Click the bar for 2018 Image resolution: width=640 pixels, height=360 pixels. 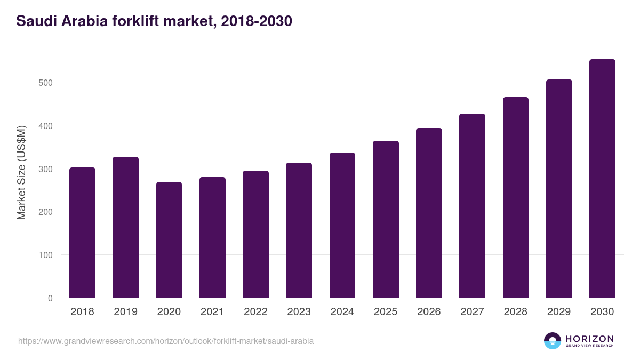coord(82,233)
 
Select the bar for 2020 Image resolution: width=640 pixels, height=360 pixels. coord(169,240)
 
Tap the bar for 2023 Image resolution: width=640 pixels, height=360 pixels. coord(299,230)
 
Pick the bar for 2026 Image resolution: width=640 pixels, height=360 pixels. coord(429,213)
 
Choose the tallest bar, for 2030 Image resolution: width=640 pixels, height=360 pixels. coord(602,179)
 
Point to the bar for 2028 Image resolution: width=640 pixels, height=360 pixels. coord(516,197)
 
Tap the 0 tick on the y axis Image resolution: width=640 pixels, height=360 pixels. coord(51,298)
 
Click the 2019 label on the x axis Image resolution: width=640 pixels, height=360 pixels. coord(125,312)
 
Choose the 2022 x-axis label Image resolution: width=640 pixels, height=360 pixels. coord(255,312)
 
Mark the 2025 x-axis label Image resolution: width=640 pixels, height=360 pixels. coord(386,312)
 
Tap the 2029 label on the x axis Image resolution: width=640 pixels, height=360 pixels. coord(559,312)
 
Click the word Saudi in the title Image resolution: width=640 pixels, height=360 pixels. coord(34,21)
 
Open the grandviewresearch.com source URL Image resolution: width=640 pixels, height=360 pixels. coord(166,341)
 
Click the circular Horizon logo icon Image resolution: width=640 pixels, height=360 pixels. coord(553,341)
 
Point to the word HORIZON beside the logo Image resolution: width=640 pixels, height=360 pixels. coord(589,338)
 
